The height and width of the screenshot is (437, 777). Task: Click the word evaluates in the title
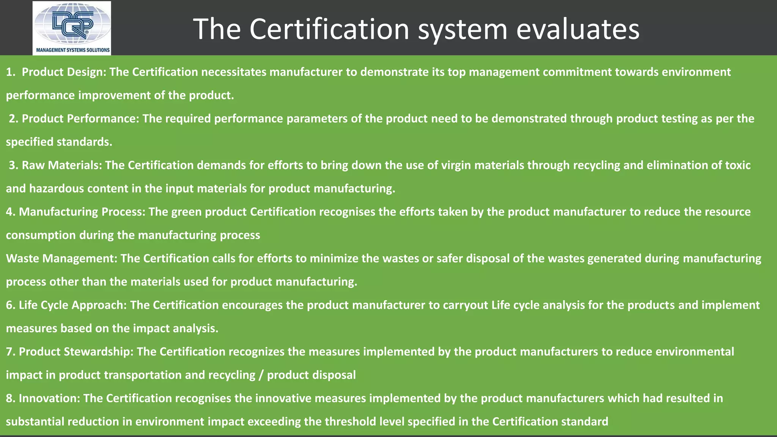578,29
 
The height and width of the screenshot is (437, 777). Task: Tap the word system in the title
462,29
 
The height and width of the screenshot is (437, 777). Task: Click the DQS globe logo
72,24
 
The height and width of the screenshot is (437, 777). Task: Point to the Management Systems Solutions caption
72,50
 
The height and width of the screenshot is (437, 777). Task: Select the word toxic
738,165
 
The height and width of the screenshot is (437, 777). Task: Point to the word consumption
41,235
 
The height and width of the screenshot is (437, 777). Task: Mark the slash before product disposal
261,375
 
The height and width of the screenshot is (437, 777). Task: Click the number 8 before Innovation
9,398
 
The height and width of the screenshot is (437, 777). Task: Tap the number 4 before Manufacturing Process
9,212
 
